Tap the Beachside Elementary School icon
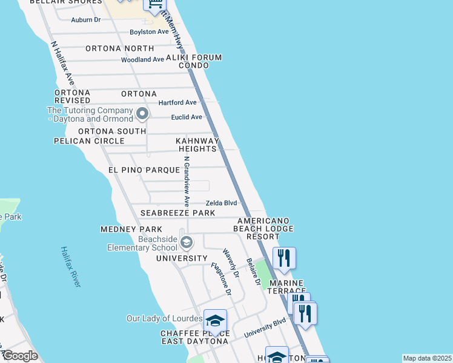point(187,243)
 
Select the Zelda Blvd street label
point(221,203)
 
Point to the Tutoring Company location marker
point(142,113)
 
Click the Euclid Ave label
point(187,117)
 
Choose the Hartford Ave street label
point(177,103)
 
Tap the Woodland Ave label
point(142,60)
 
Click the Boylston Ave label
point(149,32)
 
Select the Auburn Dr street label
point(85,20)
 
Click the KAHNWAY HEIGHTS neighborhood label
point(196,145)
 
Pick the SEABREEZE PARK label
point(177,214)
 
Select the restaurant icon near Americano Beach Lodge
point(284,258)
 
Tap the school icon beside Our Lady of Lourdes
point(215,320)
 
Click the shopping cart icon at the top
point(154,5)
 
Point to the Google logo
point(19,356)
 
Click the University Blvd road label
point(265,328)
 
